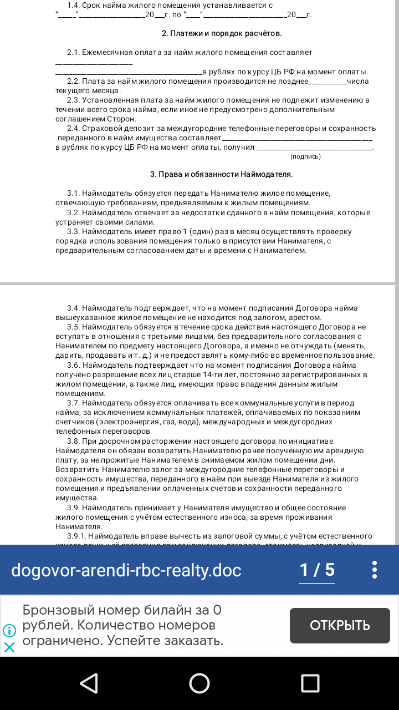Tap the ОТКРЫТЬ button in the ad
coord(340,626)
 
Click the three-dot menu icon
coord(375,570)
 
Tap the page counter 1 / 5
coord(317,570)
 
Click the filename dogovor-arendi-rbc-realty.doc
coord(126,570)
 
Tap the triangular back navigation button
coord(89,683)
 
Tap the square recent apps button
coord(310,683)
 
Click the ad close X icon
coord(9,647)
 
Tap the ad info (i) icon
coord(9,631)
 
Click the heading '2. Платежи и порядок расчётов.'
coord(222,34)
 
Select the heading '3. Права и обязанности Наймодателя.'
coord(222,174)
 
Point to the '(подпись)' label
coord(305,156)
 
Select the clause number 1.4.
coord(73,5)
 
